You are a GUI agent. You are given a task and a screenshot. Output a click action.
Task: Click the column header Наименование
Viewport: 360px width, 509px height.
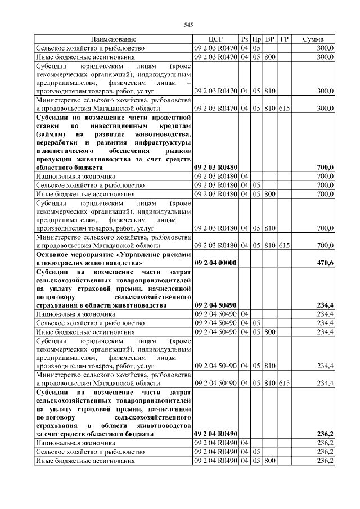(x=113, y=40)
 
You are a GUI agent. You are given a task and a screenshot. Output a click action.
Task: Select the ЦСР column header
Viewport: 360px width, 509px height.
(x=216, y=40)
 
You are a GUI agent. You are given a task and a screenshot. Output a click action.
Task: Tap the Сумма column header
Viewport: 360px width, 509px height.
(x=313, y=40)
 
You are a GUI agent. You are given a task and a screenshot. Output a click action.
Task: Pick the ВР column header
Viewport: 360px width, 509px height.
(x=270, y=40)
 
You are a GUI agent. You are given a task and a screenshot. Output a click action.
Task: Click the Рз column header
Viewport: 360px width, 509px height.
(x=245, y=40)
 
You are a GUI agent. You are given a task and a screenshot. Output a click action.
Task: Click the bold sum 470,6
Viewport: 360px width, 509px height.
(x=325, y=263)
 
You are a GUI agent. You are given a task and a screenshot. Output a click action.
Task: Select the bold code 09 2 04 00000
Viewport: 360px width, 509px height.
(x=216, y=263)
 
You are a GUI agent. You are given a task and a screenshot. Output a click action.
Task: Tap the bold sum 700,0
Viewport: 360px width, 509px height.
(x=325, y=168)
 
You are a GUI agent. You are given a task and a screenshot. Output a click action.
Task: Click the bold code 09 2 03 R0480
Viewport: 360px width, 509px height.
(x=216, y=168)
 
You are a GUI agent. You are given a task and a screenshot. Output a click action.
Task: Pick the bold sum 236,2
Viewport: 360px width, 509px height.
(x=325, y=434)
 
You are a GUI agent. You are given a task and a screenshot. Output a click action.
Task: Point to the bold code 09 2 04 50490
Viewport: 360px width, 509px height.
(x=216, y=305)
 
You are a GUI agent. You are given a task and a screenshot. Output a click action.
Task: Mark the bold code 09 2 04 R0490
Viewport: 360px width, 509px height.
(x=216, y=434)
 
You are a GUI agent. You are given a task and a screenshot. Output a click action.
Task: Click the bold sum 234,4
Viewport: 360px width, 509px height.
(x=325, y=305)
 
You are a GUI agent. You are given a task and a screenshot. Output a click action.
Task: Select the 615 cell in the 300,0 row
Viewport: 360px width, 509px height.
(x=284, y=108)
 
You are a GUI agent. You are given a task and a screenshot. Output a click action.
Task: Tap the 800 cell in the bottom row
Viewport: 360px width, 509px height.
(x=270, y=461)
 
